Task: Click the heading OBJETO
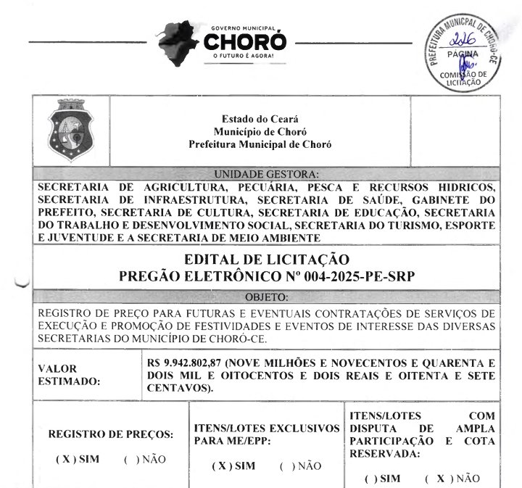point(267,297)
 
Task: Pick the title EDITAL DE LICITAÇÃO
point(267,260)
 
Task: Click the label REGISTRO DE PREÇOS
point(111,434)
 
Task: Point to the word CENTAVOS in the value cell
point(178,389)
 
